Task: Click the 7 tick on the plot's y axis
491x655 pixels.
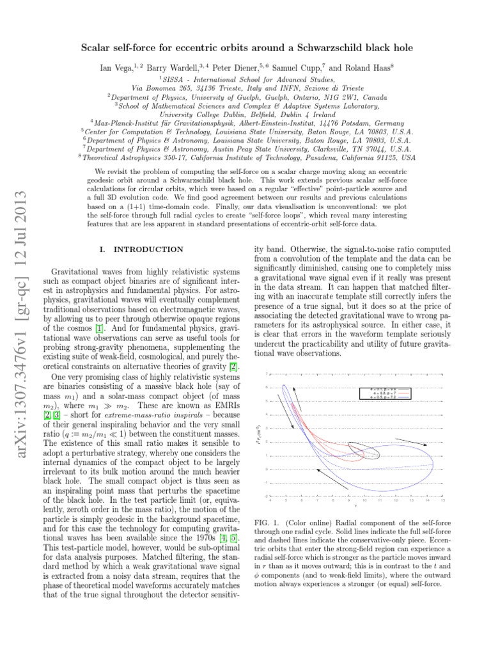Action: click(266, 374)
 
